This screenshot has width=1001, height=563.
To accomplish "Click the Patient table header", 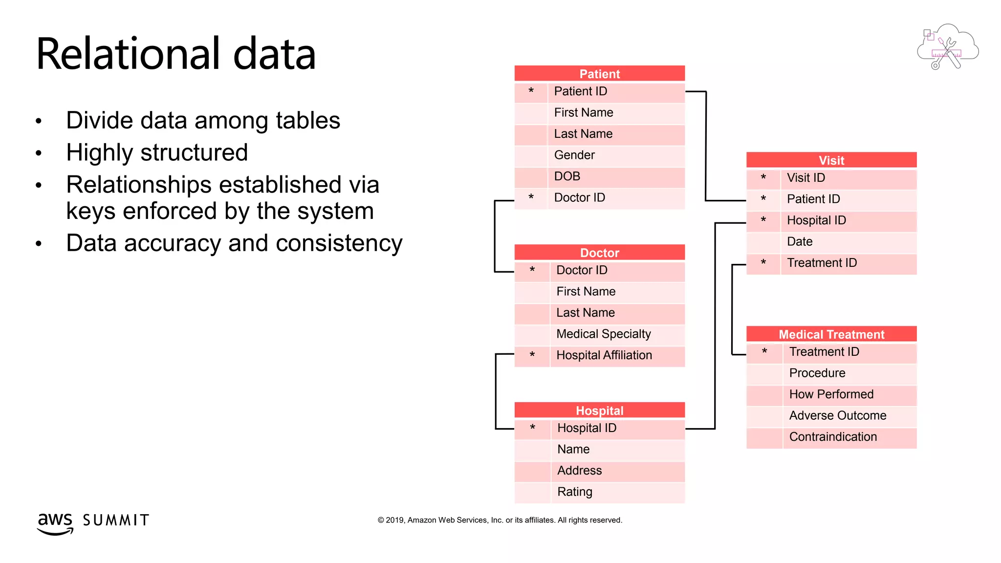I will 599,74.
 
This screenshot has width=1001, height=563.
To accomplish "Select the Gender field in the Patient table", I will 574,155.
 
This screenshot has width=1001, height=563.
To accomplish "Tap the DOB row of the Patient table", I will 567,176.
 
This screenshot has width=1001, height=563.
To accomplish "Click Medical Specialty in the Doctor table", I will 603,334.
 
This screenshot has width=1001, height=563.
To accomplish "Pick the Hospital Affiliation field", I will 604,355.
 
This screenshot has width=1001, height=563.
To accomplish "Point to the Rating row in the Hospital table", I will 574,492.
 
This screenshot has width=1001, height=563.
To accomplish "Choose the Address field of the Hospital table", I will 579,470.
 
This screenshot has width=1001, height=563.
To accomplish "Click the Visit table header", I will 831,160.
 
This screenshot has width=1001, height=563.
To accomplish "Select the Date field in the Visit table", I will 800,241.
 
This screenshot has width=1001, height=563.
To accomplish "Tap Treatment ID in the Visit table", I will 822,263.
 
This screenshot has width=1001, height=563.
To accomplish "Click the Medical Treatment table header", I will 831,334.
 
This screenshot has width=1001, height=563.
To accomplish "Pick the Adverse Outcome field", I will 837,415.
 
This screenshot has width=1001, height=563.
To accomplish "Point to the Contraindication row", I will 833,437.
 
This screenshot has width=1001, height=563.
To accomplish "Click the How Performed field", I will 831,394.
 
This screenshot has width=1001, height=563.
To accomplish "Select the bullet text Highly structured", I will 157,152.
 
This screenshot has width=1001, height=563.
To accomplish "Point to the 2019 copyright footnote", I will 500,520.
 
